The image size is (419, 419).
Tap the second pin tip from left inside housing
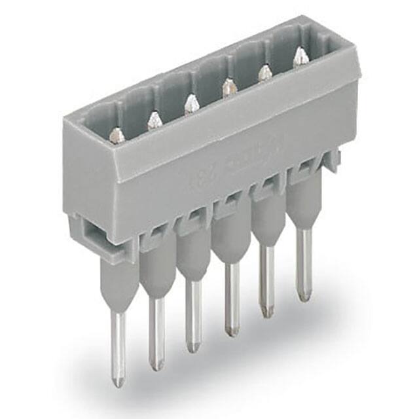click(155, 119)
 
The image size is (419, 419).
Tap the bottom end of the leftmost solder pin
click(117, 381)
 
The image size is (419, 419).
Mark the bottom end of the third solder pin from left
click(192, 348)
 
